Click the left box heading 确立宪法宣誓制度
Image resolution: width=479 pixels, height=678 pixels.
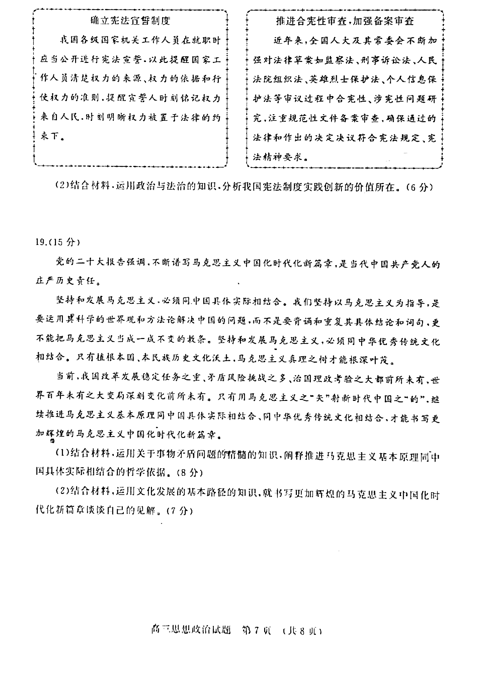coord(130,21)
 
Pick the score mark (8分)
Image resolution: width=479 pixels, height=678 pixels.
coord(189,472)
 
